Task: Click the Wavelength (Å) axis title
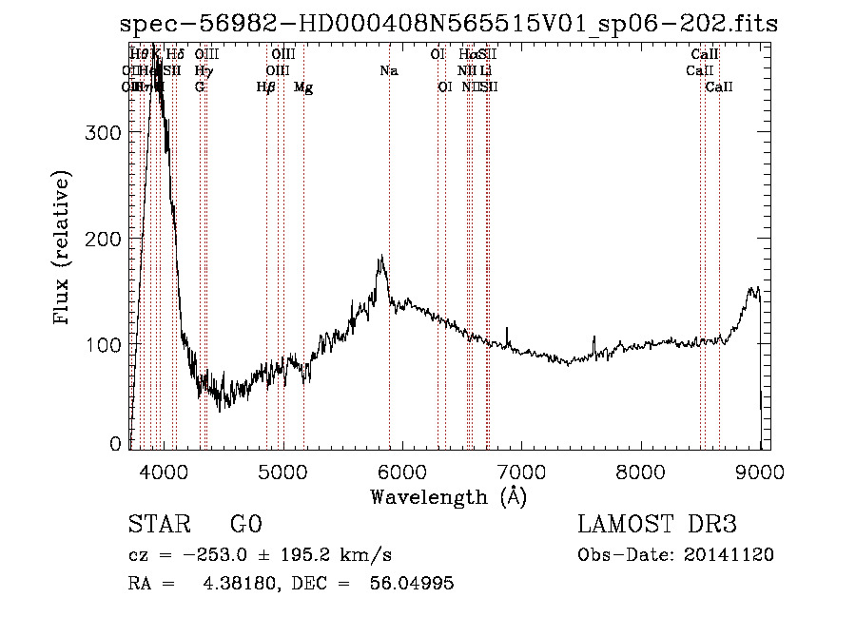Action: (x=448, y=496)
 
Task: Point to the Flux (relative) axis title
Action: (x=63, y=249)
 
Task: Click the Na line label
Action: (x=388, y=70)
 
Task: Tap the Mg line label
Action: (x=303, y=87)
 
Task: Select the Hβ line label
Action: (x=266, y=87)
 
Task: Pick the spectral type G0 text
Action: (x=245, y=525)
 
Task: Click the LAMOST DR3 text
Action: (x=657, y=525)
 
